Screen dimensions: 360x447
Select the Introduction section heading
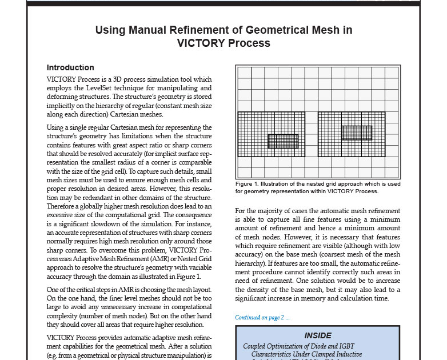pyautogui.click(x=70, y=67)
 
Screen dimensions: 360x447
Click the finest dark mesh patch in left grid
pyautogui.click(x=283, y=141)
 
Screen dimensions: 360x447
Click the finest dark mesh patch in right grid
pyautogui.click(x=357, y=133)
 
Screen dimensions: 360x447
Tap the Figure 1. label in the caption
pyautogui.click(x=248, y=184)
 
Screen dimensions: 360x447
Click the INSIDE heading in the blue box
pyautogui.click(x=317, y=335)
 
